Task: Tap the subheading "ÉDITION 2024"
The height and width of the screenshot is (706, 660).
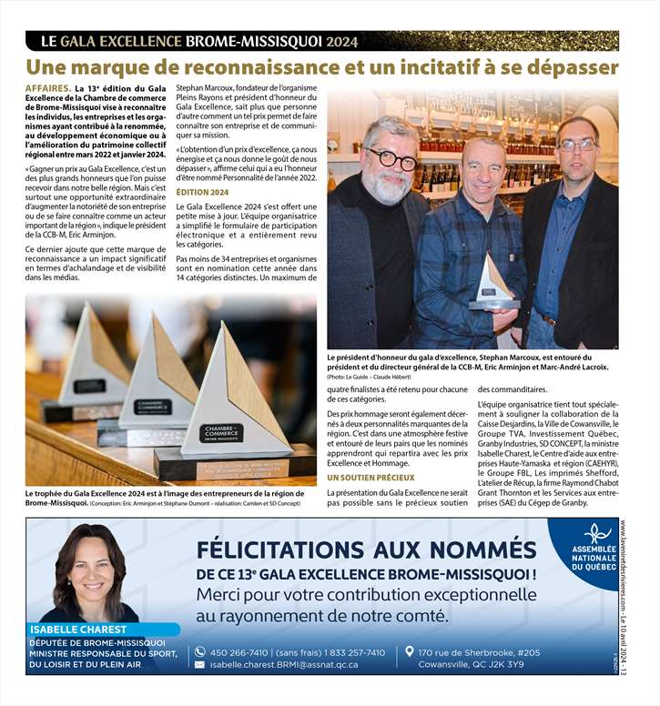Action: [202, 193]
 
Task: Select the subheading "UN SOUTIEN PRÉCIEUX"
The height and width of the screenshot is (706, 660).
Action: [370, 477]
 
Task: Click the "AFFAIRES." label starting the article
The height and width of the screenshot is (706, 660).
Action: [48, 88]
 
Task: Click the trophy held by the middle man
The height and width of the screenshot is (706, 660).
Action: [492, 284]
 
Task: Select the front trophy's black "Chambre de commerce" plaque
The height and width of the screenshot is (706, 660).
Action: [221, 433]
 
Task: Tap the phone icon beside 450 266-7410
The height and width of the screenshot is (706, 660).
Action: [199, 652]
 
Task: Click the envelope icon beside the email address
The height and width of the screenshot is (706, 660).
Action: [199, 665]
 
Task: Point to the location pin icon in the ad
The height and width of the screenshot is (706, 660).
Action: [410, 652]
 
